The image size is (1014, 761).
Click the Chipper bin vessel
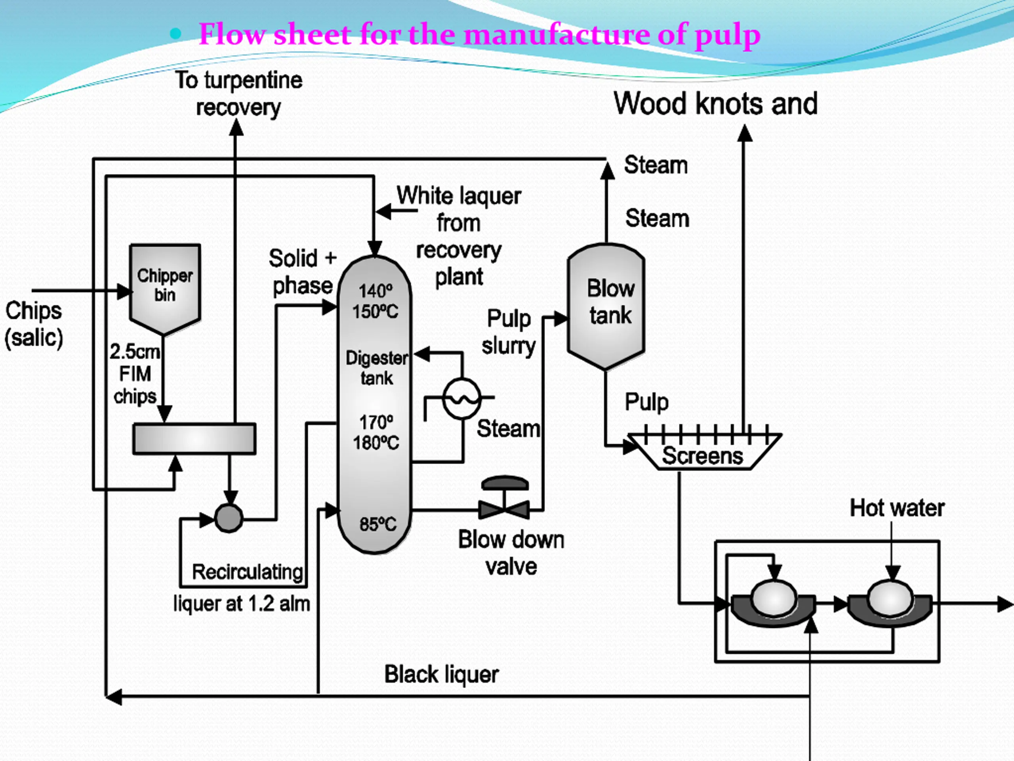tap(165, 289)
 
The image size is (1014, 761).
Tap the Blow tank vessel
tap(606, 306)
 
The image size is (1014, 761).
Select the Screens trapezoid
tap(704, 451)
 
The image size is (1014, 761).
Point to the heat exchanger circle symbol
tap(462, 398)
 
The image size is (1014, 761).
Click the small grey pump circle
tap(229, 518)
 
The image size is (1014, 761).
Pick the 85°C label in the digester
tap(378, 524)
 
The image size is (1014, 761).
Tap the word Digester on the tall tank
tap(376, 358)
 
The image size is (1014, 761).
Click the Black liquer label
tap(442, 675)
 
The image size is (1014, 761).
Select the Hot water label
tap(897, 508)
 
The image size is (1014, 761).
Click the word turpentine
tap(253, 80)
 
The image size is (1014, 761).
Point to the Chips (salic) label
tap(33, 324)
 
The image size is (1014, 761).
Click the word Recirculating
tap(248, 572)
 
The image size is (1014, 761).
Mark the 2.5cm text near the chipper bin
tap(135, 352)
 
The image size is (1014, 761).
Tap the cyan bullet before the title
tap(175, 34)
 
